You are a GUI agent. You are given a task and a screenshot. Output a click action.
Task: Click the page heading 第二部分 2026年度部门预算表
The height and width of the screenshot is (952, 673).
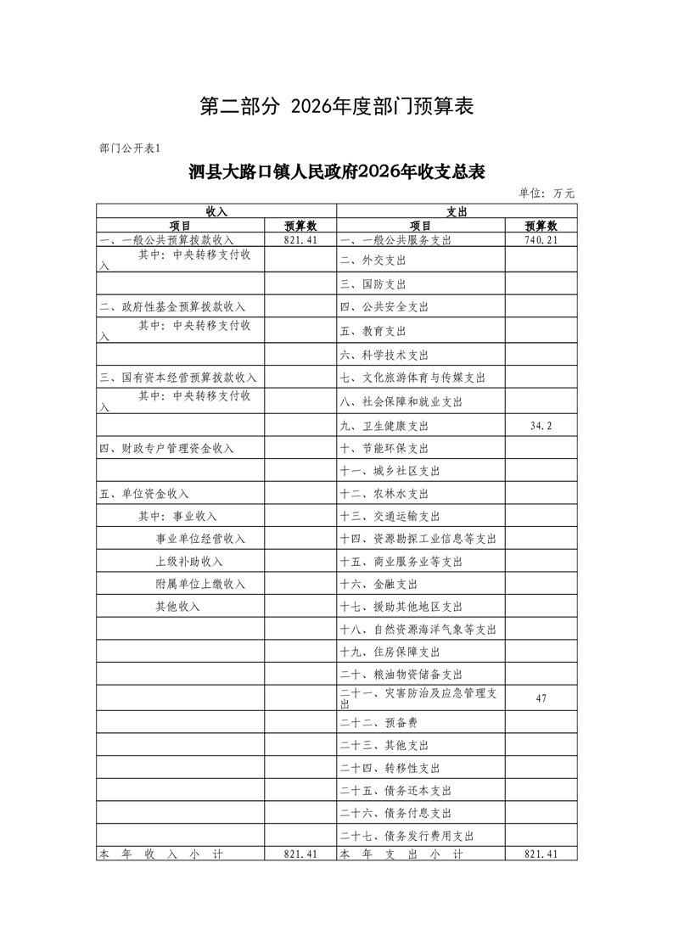click(x=336, y=106)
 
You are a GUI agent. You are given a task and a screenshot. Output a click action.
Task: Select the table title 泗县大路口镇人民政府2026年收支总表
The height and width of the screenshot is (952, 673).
click(x=337, y=172)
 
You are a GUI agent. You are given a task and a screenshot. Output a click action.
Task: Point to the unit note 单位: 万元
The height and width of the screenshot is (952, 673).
click(x=547, y=193)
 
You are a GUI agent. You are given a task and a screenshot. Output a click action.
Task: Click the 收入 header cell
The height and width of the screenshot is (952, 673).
click(x=216, y=210)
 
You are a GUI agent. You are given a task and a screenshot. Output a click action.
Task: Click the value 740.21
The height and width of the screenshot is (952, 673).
click(x=541, y=240)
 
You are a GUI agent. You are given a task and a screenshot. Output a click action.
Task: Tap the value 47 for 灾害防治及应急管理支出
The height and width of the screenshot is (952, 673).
click(x=541, y=698)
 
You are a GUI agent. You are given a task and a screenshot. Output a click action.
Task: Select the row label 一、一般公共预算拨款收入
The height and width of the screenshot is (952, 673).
click(x=165, y=240)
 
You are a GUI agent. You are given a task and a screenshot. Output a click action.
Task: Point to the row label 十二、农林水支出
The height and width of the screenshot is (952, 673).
click(x=384, y=494)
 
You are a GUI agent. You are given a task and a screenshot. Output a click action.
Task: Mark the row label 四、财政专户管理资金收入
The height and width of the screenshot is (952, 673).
click(x=165, y=448)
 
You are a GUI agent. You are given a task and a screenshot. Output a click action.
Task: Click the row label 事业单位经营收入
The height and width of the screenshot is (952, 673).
click(x=199, y=539)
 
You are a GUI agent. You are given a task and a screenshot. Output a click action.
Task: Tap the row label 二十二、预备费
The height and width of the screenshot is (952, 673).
click(x=378, y=723)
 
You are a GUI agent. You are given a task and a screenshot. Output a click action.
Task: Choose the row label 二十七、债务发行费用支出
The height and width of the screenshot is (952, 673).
click(x=407, y=836)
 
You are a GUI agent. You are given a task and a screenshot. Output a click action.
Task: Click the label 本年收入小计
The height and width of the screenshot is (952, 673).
click(x=160, y=854)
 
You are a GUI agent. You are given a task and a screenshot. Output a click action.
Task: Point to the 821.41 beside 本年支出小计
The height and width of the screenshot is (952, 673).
click(x=541, y=854)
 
